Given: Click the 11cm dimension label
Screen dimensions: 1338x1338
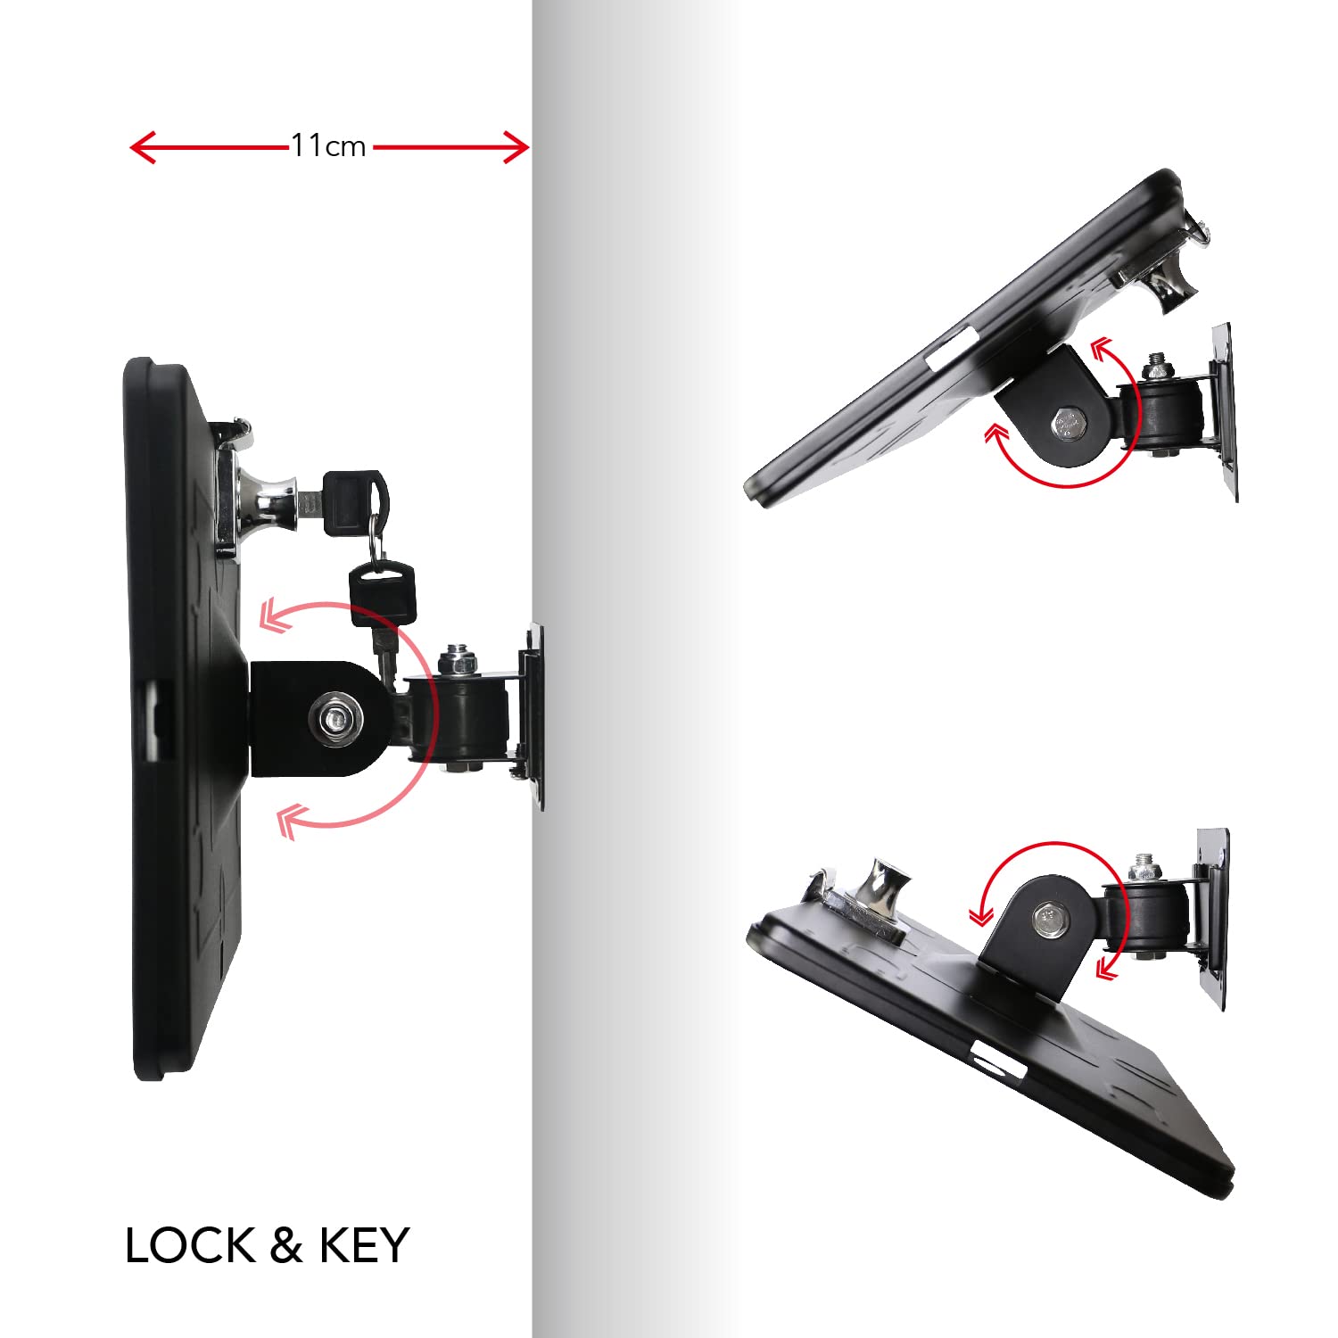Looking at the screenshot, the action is pyautogui.click(x=328, y=145).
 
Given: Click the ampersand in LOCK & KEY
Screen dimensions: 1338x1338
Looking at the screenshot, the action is pyautogui.click(x=286, y=1245).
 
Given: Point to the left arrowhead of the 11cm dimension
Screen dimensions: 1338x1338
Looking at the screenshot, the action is pyautogui.click(x=143, y=147).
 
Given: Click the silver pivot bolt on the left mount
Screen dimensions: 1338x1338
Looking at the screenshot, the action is pyautogui.click(x=336, y=715).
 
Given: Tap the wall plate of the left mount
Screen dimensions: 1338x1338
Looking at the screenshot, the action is pyautogui.click(x=533, y=716).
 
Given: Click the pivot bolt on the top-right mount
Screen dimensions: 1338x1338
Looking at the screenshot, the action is pyautogui.click(x=1069, y=422).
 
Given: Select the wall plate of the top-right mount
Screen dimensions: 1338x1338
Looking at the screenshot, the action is pyautogui.click(x=1221, y=412).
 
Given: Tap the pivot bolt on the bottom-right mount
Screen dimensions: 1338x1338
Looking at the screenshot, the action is pyautogui.click(x=1048, y=920).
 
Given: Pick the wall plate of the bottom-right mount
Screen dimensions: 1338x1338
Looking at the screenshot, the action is pyautogui.click(x=1212, y=919).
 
